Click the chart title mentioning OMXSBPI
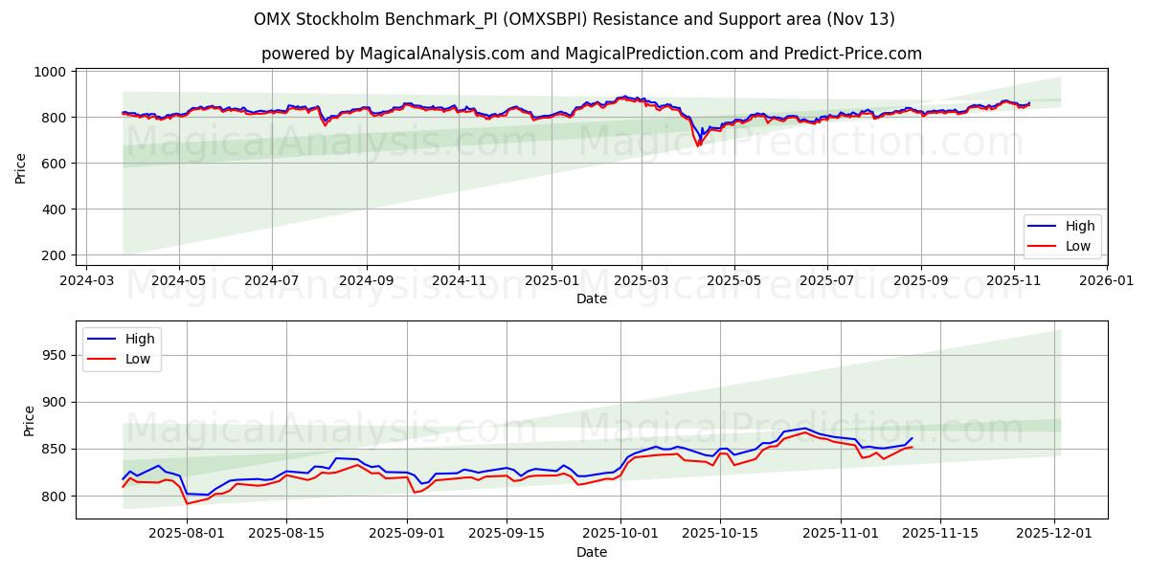pos(574,19)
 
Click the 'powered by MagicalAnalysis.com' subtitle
pos(591,54)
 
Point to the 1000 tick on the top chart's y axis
pos(49,72)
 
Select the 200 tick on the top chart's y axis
pos(53,255)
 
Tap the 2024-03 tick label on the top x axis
pos(87,282)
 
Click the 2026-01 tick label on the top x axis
pos(1106,282)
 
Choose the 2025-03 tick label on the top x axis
pos(641,282)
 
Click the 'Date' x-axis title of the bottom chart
pos(591,553)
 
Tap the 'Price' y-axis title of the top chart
pos(21,167)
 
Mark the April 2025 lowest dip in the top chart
pos(698,144)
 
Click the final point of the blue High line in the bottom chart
pos(912,438)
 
